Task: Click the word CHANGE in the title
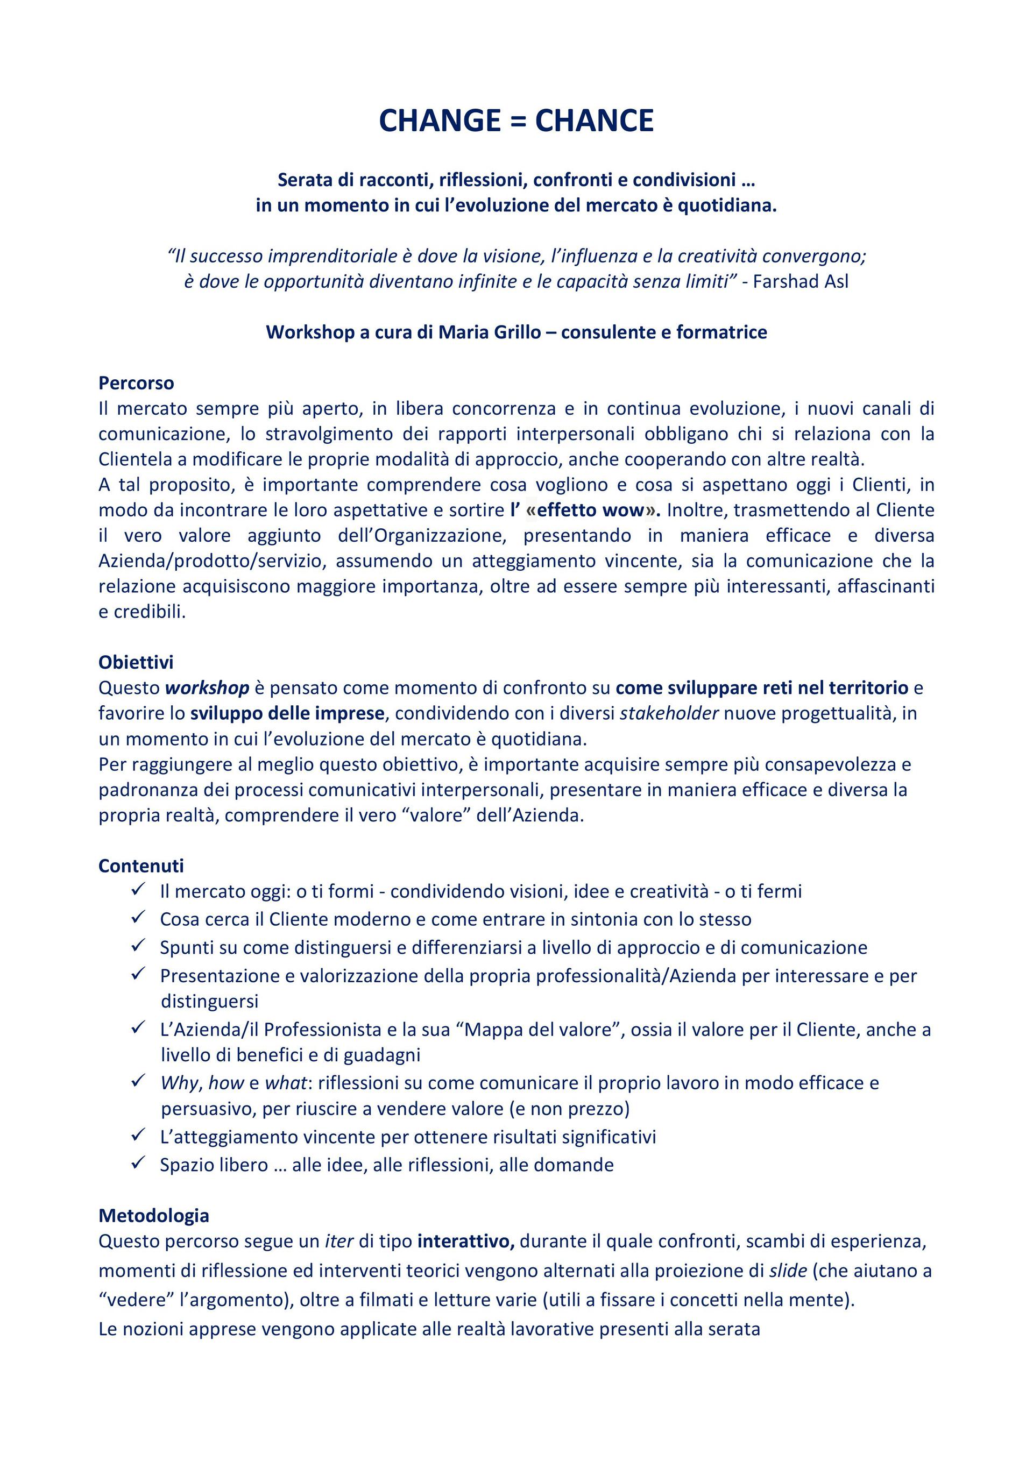tap(439, 121)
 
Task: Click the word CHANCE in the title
tap(595, 121)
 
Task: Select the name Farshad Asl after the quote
tap(801, 281)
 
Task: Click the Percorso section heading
tap(136, 383)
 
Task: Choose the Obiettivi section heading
tap(136, 662)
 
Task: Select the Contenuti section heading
tap(140, 866)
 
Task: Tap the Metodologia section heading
tap(153, 1215)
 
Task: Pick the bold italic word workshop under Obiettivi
tap(207, 688)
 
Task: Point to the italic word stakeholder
tap(669, 713)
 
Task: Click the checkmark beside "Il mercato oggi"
tap(139, 890)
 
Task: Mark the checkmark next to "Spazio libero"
tap(139, 1163)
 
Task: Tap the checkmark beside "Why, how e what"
tap(139, 1081)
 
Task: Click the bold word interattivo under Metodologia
tap(465, 1241)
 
